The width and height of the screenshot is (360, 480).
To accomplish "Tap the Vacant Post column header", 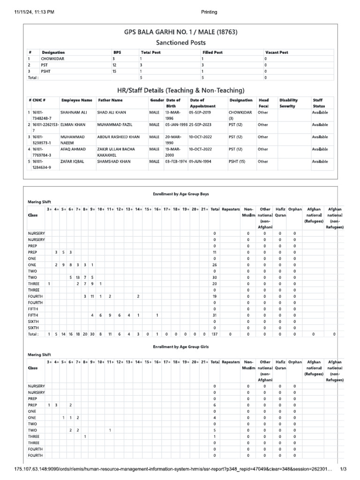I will [277, 52].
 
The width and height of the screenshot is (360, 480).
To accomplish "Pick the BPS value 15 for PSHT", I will [114, 71].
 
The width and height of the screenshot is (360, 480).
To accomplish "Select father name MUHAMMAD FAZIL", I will [115, 125].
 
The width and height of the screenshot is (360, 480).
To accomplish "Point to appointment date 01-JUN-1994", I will [202, 161].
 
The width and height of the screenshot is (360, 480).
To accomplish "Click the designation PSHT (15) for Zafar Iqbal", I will [237, 161].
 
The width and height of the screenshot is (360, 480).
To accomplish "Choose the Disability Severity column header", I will [289, 103].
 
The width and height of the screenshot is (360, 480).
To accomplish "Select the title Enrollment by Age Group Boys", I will [180, 194].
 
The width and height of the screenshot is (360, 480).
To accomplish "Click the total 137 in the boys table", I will [215, 334].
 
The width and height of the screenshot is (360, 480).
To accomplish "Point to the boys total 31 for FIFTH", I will [215, 315].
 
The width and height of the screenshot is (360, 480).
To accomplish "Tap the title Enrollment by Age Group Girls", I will [180, 347].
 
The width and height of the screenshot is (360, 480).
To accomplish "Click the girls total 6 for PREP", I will [215, 405].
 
